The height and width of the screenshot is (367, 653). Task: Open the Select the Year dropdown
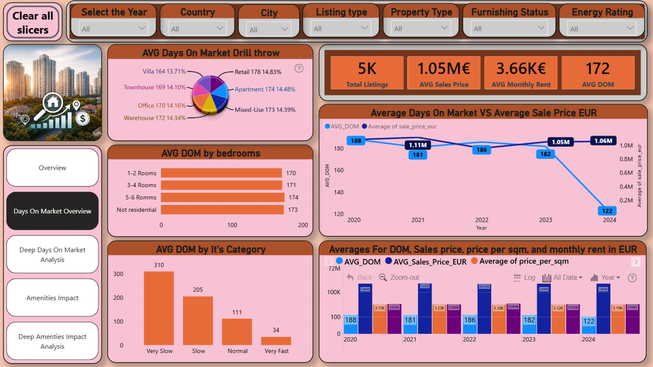coord(113,29)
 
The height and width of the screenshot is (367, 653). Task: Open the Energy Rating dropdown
coord(601,29)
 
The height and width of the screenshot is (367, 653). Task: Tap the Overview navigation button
coord(52,168)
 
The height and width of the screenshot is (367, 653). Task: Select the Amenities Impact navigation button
coord(52,298)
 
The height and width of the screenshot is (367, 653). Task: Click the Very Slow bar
coord(159,308)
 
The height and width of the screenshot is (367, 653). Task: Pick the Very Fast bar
coord(276,340)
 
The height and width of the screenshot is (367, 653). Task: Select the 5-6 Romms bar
coord(222,197)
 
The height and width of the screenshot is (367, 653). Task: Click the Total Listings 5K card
coord(367,73)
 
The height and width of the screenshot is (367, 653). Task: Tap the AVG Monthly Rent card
coord(521,73)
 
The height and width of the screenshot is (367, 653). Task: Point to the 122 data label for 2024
coord(607,211)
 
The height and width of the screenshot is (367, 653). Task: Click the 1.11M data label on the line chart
coord(418,145)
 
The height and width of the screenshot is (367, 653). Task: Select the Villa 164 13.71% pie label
coord(164,71)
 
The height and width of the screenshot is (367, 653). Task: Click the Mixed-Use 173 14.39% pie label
coord(265,110)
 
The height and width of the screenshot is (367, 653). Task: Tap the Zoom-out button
coord(399,278)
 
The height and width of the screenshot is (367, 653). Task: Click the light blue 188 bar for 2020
coord(350,324)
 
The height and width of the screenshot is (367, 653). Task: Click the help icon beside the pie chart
coord(299,69)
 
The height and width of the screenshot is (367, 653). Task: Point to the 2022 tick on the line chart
coord(482,220)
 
